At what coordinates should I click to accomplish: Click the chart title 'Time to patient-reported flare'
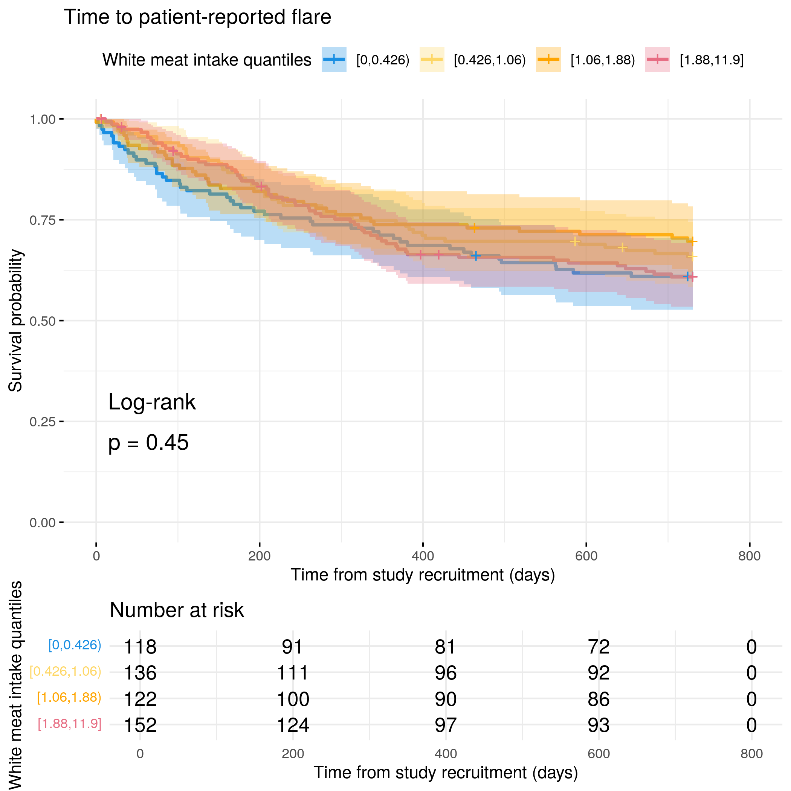(x=197, y=17)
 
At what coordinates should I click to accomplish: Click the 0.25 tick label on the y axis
(x=43, y=422)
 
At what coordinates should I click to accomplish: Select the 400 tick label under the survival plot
(x=423, y=556)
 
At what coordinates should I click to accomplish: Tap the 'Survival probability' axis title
(x=15, y=321)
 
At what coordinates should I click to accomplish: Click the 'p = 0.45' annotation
(x=148, y=443)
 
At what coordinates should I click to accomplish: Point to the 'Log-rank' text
(x=152, y=402)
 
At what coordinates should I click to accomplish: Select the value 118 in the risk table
(x=140, y=647)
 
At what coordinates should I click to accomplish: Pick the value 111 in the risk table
(x=293, y=673)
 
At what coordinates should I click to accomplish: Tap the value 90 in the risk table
(x=446, y=699)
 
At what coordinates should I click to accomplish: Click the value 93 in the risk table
(x=599, y=725)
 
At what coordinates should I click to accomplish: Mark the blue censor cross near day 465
(x=476, y=256)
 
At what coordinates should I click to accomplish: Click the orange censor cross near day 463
(x=474, y=228)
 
